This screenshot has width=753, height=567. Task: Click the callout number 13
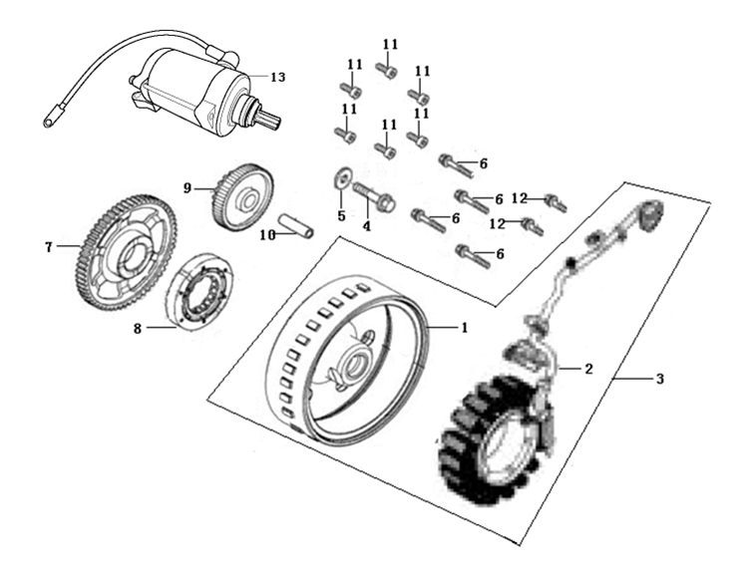tap(277, 77)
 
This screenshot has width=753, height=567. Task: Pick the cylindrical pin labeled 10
tap(298, 225)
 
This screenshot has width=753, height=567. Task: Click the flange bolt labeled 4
tap(375, 197)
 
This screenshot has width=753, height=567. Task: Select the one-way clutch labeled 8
tap(199, 290)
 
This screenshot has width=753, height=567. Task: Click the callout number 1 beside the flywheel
tap(465, 328)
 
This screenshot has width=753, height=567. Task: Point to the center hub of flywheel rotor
tap(356, 360)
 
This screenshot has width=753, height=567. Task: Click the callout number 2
tap(587, 369)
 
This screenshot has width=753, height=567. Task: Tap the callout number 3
tap(660, 379)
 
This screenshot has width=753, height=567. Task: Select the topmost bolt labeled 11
tap(387, 71)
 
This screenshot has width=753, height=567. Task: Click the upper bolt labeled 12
tap(556, 203)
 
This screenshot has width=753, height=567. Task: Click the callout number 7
tap(48, 247)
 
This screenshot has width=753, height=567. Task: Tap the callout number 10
tap(268, 235)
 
